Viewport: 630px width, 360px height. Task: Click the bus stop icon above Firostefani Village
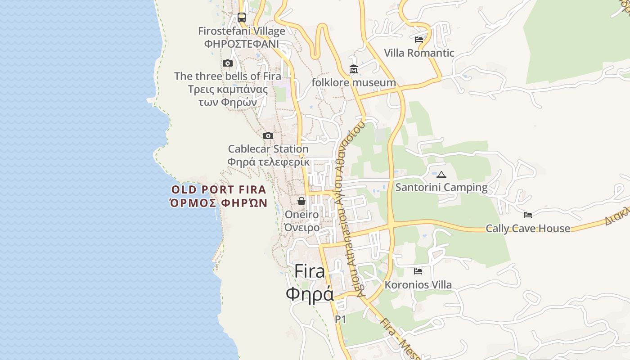(242, 18)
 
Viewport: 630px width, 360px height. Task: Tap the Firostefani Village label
(242, 31)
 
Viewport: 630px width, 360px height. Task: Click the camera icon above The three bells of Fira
(228, 63)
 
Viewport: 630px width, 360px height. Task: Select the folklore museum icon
(354, 69)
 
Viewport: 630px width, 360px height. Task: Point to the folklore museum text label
(354, 83)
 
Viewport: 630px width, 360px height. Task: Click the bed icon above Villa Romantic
(419, 40)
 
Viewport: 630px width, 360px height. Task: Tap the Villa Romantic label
(419, 53)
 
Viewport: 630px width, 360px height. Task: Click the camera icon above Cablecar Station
(268, 135)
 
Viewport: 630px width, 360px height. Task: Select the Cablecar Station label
(268, 149)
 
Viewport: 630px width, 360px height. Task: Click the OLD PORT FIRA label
(219, 189)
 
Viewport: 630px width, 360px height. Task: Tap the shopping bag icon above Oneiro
(301, 201)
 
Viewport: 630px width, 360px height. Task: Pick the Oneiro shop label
(301, 215)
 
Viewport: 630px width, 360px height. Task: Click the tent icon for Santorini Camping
(441, 175)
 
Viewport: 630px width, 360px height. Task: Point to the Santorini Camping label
(441, 188)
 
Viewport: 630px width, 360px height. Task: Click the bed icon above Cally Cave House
(528, 215)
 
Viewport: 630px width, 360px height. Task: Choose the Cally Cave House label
(528, 229)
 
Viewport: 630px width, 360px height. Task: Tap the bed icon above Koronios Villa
(418, 271)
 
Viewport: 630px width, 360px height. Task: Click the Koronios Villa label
(418, 285)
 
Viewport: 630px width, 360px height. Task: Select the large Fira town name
(310, 272)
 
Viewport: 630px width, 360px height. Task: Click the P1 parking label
(340, 319)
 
